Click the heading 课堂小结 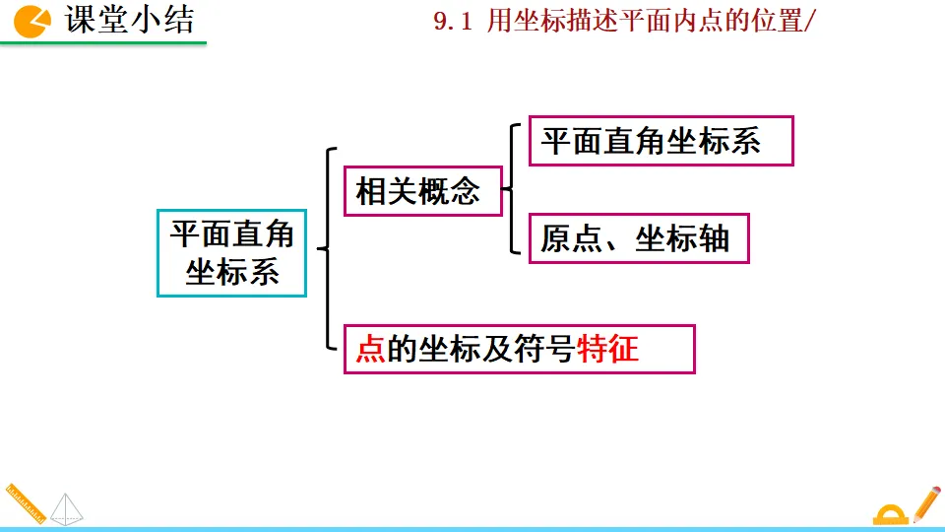(129, 20)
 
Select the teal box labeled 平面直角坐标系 (231, 252)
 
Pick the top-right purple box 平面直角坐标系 (661, 141)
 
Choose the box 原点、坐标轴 (639, 238)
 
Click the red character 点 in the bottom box (370, 349)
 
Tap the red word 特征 (608, 349)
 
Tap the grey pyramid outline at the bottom (67, 508)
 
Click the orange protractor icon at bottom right (891, 513)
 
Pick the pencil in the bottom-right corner (926, 503)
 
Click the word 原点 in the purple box (572, 238)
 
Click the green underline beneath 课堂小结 (103, 41)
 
